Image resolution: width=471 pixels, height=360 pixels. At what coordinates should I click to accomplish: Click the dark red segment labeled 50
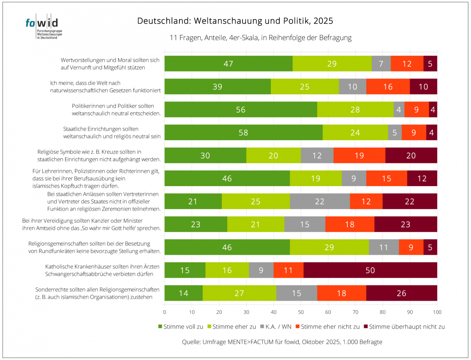pyautogui.click(x=370, y=270)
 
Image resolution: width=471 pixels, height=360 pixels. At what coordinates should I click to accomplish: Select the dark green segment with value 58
pyautogui.click(x=243, y=132)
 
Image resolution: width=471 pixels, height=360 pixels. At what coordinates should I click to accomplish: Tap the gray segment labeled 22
pyautogui.click(x=319, y=201)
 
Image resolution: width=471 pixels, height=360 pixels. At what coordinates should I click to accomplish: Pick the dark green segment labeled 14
pyautogui.click(x=183, y=293)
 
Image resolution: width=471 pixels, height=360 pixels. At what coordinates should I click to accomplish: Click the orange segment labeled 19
pyautogui.click(x=359, y=155)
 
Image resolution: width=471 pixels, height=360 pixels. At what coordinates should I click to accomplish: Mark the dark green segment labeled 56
pyautogui.click(x=241, y=110)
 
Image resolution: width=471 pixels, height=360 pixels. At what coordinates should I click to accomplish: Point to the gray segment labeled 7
pyautogui.click(x=381, y=64)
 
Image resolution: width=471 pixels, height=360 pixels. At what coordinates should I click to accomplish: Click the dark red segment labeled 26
pyautogui.click(x=402, y=293)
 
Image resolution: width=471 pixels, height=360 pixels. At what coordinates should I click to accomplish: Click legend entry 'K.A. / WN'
pyautogui.click(x=277, y=326)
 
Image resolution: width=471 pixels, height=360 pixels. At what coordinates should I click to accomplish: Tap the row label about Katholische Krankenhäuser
pyautogui.click(x=102, y=270)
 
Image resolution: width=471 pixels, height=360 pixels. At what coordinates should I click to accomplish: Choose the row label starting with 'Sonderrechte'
pyautogui.click(x=97, y=293)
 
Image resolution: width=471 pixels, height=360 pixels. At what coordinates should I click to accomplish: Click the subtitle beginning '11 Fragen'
pyautogui.click(x=260, y=38)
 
